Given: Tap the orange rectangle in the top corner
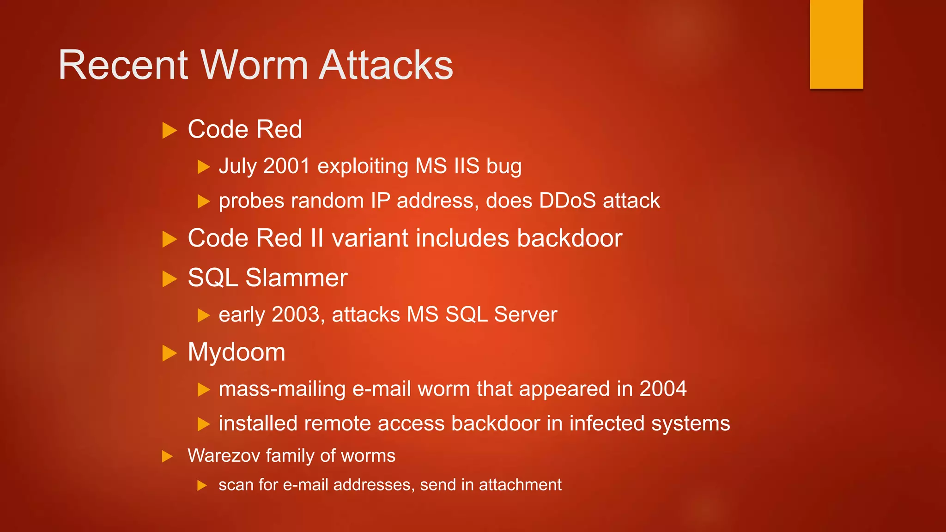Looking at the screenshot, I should pyautogui.click(x=836, y=44).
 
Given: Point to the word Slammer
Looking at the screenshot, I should pyautogui.click(x=296, y=278).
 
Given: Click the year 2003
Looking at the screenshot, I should pyautogui.click(x=296, y=314).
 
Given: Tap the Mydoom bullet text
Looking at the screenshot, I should pyautogui.click(x=236, y=352).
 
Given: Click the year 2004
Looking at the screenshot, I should pyautogui.click(x=663, y=388).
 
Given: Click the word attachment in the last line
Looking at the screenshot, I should pyautogui.click(x=520, y=485).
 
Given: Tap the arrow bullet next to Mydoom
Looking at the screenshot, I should pyautogui.click(x=170, y=353).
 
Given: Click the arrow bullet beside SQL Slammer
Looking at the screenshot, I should pyautogui.click(x=170, y=279).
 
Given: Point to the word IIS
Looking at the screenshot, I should pyautogui.click(x=467, y=166).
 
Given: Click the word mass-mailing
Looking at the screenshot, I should pyautogui.click(x=282, y=389).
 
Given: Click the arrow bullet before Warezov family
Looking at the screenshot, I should pyautogui.click(x=167, y=457).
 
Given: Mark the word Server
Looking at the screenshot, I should pyautogui.click(x=525, y=314).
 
